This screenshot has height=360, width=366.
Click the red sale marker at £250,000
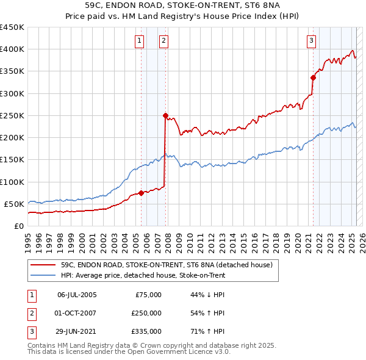pyautogui.click(x=165, y=115)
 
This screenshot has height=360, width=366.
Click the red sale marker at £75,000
pyautogui.click(x=141, y=193)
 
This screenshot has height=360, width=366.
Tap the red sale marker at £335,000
pyautogui.click(x=313, y=77)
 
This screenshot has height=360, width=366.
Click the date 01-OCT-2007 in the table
pyautogui.click(x=77, y=313)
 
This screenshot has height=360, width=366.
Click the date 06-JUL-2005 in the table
pyautogui.click(x=77, y=295)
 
